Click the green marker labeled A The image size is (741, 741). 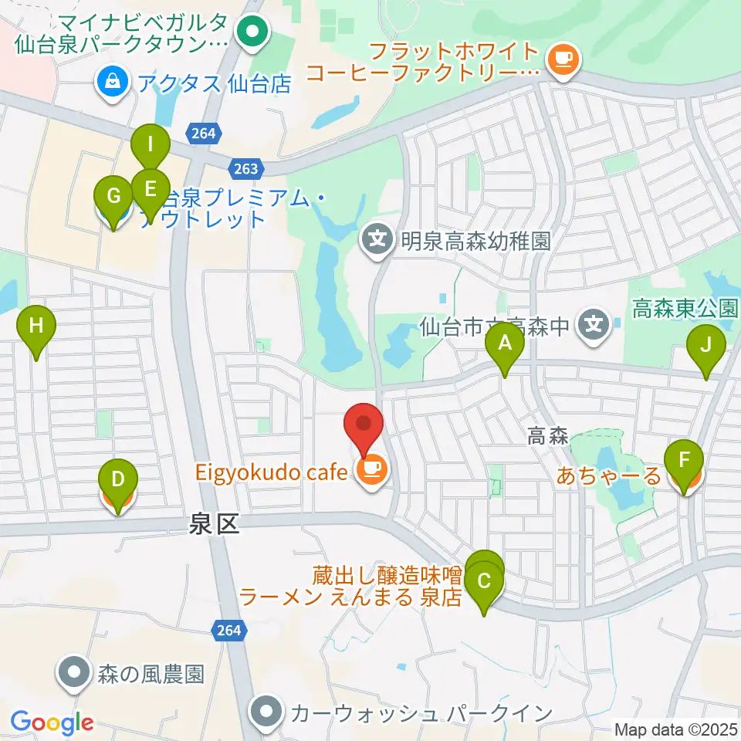click(x=505, y=343)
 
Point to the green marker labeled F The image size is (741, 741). click(x=684, y=461)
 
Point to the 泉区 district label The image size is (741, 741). click(x=215, y=526)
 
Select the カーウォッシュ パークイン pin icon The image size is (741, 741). click(x=268, y=712)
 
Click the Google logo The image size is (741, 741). click(x=52, y=723)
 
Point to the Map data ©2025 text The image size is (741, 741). click(x=675, y=729)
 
